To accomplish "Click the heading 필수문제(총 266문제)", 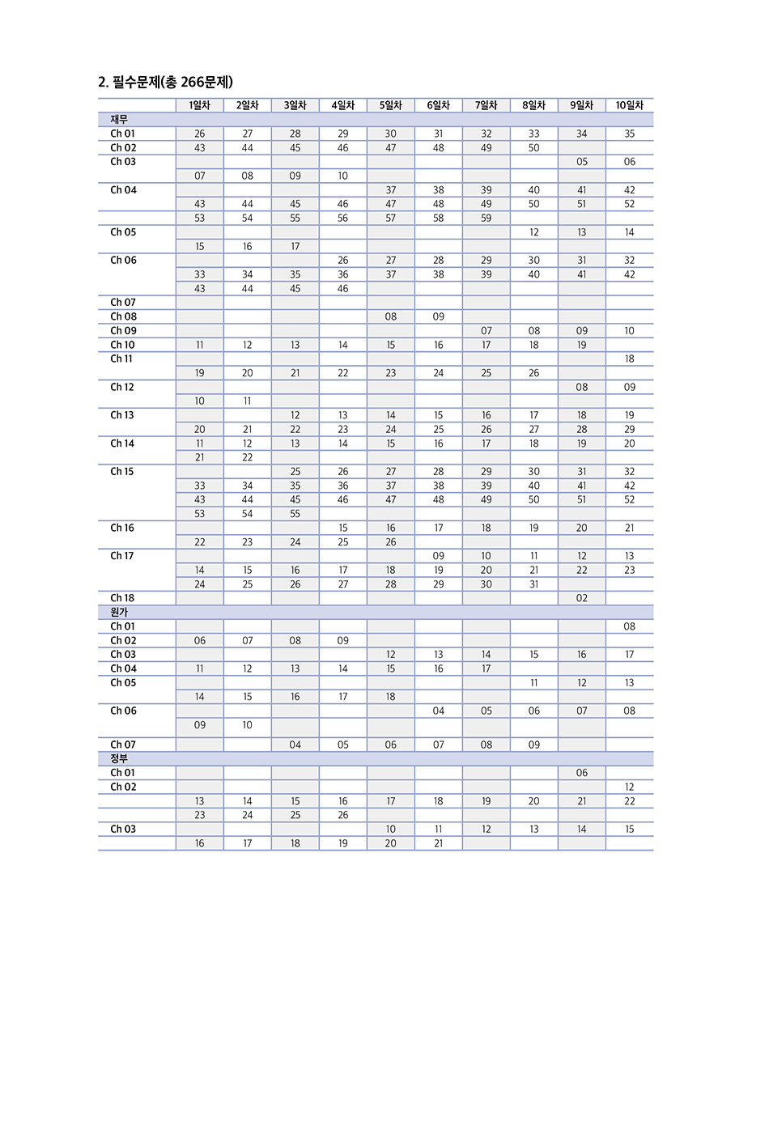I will [x=165, y=82].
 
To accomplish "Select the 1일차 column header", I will [x=199, y=105].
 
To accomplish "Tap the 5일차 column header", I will [x=390, y=105].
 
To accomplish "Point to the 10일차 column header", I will [x=629, y=105].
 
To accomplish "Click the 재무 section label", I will [x=119, y=120].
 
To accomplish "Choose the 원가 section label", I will [x=119, y=613].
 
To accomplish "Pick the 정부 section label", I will [x=119, y=759].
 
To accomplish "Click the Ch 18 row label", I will [x=122, y=598].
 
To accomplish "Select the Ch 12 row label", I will [x=122, y=387].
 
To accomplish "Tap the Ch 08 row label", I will [x=123, y=316].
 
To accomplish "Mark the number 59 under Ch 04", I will [x=486, y=218].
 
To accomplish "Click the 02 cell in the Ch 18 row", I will [x=581, y=598].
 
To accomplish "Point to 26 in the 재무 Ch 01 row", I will [x=199, y=134].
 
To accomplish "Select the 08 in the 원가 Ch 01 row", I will [x=629, y=626].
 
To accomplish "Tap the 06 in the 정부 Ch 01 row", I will [x=581, y=773].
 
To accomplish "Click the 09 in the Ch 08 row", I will [x=438, y=316].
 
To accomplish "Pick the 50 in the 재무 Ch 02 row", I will [x=533, y=148].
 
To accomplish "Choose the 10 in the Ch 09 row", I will [x=629, y=331].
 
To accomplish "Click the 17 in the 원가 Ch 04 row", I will [x=486, y=668].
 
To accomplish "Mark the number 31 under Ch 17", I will [x=533, y=584].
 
